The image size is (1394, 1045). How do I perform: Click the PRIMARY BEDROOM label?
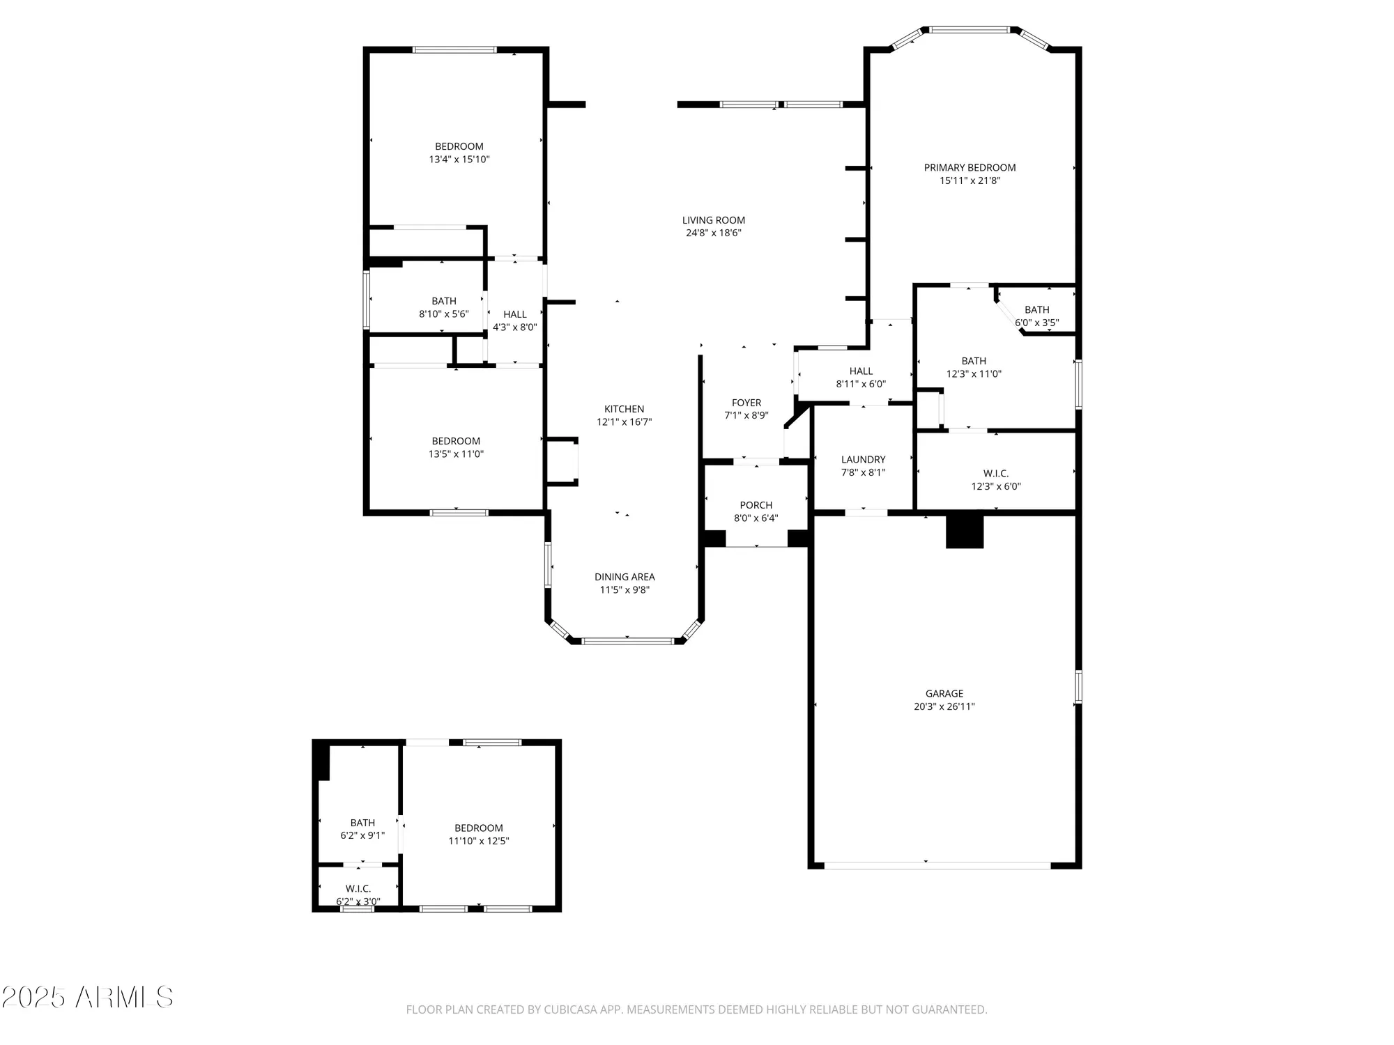(970, 168)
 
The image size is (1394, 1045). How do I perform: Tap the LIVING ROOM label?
(713, 220)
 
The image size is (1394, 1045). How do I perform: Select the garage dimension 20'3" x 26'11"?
(944, 706)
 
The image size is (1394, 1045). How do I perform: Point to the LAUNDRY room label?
(863, 460)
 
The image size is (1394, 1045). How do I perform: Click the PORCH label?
(756, 505)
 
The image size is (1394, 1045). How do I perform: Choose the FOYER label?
(746, 403)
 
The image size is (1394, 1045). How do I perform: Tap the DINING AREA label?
(624, 577)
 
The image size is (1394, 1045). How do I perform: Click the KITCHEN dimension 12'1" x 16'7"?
(624, 422)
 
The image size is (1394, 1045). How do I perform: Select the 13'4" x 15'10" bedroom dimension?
(459, 160)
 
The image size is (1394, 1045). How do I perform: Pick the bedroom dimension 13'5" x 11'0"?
(456, 454)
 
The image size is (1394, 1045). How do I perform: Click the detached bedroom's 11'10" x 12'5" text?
(478, 841)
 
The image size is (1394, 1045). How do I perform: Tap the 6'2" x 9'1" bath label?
(362, 829)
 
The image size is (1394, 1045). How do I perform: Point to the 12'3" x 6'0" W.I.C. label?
(995, 480)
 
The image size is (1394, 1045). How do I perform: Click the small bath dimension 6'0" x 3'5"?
(1036, 323)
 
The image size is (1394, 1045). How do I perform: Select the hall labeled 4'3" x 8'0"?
(514, 320)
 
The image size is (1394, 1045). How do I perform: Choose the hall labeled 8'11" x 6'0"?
(861, 378)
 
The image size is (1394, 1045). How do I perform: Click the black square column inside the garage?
(964, 532)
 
